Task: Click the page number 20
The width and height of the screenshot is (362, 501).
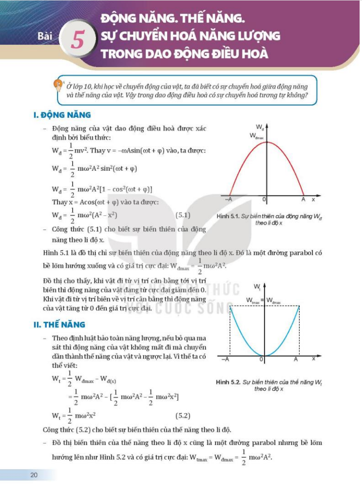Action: (x=34, y=475)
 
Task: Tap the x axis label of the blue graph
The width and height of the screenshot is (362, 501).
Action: (x=314, y=358)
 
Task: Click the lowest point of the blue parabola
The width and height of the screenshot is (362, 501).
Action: (x=265, y=355)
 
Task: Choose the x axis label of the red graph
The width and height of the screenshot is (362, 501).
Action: (x=314, y=199)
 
